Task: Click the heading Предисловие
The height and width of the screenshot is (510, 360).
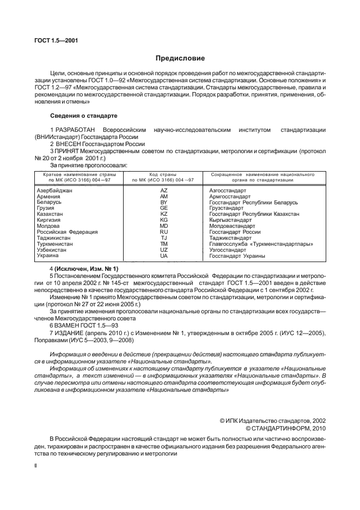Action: tap(180, 58)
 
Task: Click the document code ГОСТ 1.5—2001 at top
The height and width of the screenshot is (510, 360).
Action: tap(53, 40)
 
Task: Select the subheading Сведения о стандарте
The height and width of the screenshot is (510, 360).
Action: tap(81, 116)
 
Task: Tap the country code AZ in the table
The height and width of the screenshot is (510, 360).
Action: tap(163, 191)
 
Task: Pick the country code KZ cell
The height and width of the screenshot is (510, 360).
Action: tap(163, 214)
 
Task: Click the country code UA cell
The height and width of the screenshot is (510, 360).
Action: tap(163, 256)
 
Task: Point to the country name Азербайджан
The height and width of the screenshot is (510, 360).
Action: tap(54, 191)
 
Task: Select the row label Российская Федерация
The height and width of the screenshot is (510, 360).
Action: tap(67, 232)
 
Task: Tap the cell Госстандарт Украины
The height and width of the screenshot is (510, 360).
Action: tap(237, 256)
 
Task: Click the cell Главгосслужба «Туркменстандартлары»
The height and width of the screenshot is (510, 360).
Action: tap(261, 244)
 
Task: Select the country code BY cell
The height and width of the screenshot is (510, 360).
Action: tap(163, 202)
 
